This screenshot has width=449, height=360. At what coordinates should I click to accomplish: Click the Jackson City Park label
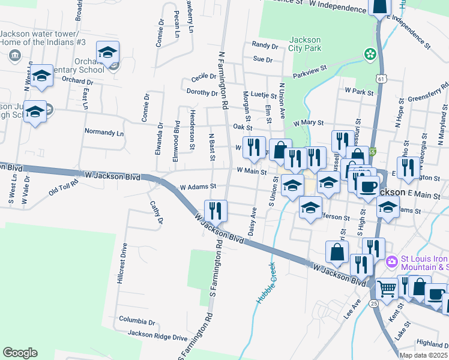[305, 44]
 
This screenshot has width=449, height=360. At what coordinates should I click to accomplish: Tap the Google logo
[20, 353]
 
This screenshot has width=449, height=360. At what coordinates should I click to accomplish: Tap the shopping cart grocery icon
[387, 289]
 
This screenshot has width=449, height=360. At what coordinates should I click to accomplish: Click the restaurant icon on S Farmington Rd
[215, 211]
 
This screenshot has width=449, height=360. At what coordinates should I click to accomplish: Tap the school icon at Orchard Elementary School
[107, 53]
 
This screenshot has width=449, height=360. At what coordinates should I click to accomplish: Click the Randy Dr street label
[265, 45]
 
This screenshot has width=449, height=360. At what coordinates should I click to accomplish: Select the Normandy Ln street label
[103, 131]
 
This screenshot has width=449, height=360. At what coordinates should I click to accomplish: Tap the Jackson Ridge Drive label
[157, 337]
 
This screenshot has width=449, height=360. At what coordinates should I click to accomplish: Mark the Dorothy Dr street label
[202, 92]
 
